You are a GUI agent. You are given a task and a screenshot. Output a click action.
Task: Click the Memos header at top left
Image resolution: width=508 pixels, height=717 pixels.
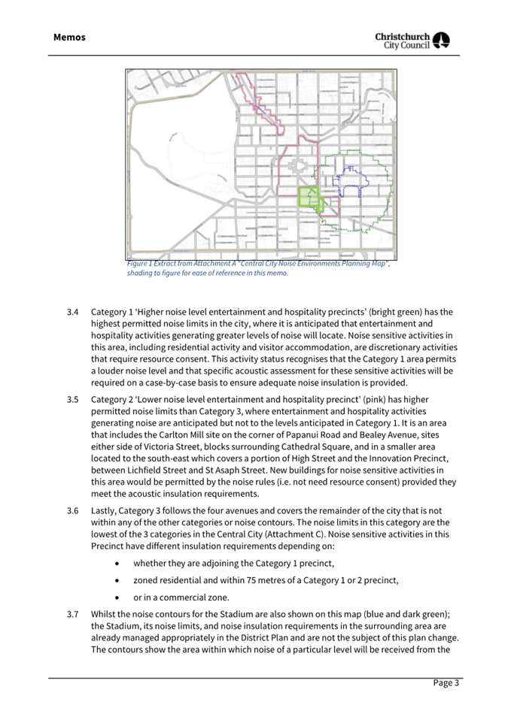(x=69, y=37)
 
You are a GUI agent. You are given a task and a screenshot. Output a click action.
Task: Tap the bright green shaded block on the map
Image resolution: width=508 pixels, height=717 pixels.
(x=309, y=197)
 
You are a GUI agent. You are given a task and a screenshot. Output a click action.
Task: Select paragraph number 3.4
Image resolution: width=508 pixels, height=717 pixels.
(x=72, y=311)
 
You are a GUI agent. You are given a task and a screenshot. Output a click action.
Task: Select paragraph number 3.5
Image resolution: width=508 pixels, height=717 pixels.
(x=72, y=400)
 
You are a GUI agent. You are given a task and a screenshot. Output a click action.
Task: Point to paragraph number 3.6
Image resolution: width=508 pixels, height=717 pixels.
(x=72, y=510)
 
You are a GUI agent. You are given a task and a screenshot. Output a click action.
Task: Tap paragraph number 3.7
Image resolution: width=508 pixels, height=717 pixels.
(x=72, y=614)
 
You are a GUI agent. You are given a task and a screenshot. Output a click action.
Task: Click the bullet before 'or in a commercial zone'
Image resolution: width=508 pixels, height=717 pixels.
(x=117, y=597)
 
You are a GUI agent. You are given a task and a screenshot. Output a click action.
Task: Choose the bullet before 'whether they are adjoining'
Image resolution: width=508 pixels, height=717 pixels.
(x=117, y=563)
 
